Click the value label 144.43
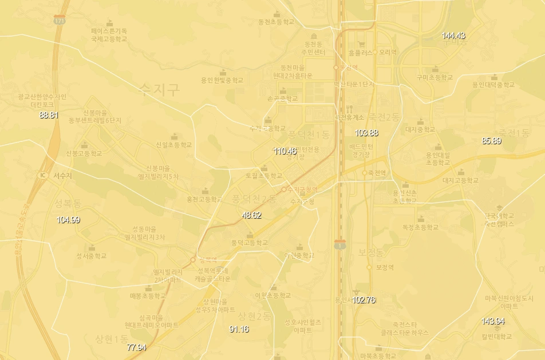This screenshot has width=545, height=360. [453, 35]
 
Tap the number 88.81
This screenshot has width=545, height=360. [49, 114]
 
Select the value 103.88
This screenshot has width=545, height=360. [366, 133]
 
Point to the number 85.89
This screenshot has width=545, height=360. [491, 141]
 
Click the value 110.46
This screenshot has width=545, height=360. [285, 151]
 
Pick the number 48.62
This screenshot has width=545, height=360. [252, 215]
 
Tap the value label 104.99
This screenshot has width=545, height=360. [68, 220]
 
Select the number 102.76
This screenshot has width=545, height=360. [364, 299]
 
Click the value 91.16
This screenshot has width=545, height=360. [239, 329]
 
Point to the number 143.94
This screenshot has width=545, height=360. [492, 321]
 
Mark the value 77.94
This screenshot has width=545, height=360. [137, 347]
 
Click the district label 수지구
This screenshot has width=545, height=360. [159, 89]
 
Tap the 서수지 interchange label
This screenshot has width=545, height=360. [62, 176]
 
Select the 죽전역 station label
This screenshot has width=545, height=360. [377, 172]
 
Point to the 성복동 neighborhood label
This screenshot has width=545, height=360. [69, 203]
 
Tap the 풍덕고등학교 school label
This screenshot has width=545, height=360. [249, 243]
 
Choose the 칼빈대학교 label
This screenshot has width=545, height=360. [496, 337]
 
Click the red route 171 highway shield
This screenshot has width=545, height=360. [59, 20]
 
